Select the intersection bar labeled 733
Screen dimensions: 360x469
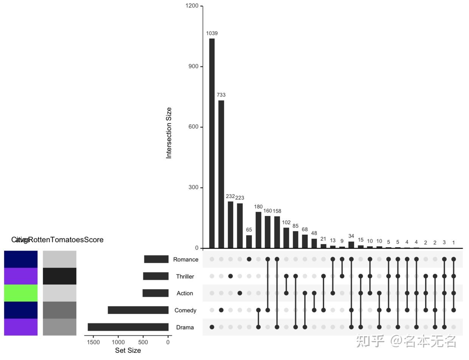[x=221, y=174]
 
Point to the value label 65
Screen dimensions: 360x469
[x=249, y=230]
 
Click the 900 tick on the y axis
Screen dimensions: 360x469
[x=194, y=67]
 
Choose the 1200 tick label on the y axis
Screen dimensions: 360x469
[x=192, y=6]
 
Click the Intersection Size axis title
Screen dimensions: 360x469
[x=169, y=133]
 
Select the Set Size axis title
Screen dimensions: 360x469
[x=128, y=351]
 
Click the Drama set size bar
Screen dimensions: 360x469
[x=128, y=327]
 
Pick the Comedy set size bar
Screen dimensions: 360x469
[x=138, y=310]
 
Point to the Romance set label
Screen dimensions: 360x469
[x=186, y=260]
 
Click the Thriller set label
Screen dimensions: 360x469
[x=185, y=277]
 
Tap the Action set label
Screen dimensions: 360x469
[x=185, y=293]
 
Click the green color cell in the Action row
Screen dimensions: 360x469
[x=21, y=293]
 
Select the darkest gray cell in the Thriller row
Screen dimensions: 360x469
[x=59, y=276]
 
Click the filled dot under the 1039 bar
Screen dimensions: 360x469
[x=212, y=327]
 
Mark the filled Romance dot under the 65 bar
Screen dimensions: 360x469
[x=249, y=259]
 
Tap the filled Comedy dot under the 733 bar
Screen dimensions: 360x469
[x=221, y=310]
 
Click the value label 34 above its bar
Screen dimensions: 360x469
[x=351, y=237]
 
